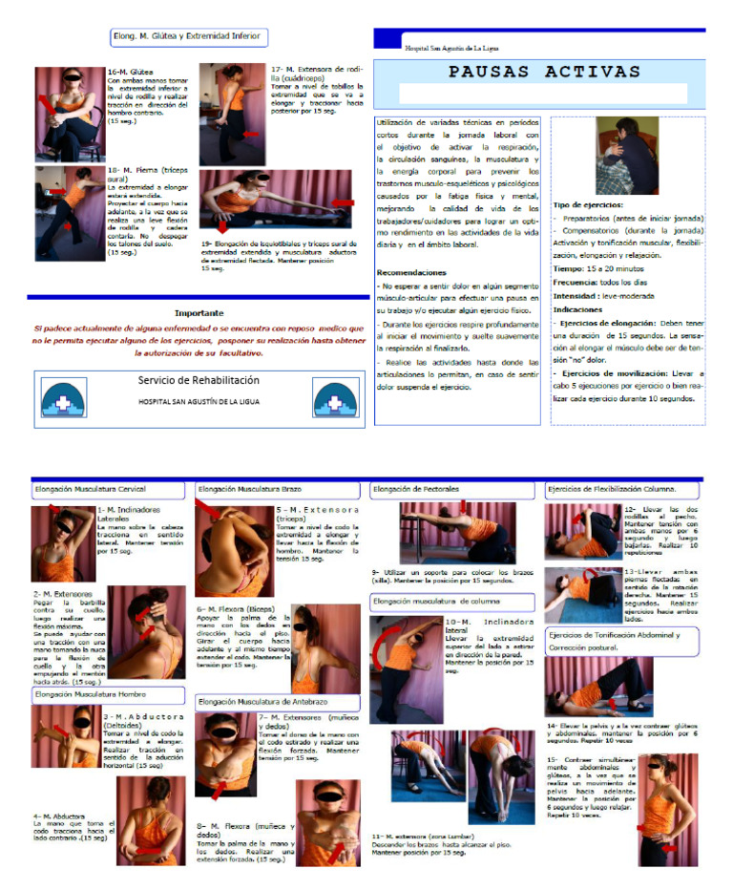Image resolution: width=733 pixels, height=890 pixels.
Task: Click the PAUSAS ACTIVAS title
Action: [x=531, y=73]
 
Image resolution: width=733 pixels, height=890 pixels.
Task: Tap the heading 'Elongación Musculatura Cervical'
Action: [x=92, y=490]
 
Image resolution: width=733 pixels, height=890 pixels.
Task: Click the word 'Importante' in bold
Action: [x=199, y=313]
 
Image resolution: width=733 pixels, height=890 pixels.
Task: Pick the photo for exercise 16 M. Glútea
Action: [x=69, y=113]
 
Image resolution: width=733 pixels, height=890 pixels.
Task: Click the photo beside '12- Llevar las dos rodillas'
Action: [x=582, y=531]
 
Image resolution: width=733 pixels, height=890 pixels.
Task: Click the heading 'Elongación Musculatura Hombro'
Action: [x=94, y=695]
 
